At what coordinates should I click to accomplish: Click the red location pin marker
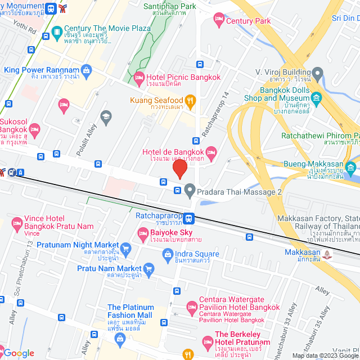coord(179,169)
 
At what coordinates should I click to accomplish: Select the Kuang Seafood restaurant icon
coord(190,101)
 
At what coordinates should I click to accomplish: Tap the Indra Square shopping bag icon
coord(167,255)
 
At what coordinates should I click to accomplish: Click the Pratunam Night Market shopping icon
coord(125,246)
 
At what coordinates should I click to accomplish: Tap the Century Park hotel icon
coord(219,21)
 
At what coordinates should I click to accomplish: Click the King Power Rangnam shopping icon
coord(86,70)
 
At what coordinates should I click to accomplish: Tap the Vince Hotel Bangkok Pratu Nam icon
coord(16,222)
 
